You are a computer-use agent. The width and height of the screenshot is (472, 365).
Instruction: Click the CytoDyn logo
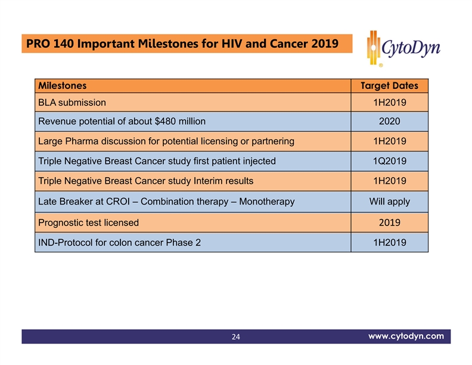tap(403, 47)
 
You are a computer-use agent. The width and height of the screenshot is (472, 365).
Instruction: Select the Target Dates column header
tap(389, 86)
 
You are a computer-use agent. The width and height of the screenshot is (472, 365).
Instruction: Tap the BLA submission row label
tap(72, 103)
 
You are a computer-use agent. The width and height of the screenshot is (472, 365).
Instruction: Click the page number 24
tap(236, 338)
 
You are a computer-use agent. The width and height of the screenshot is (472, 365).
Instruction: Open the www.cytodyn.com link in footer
tap(405, 336)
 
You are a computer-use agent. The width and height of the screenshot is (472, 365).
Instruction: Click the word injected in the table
tap(257, 161)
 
